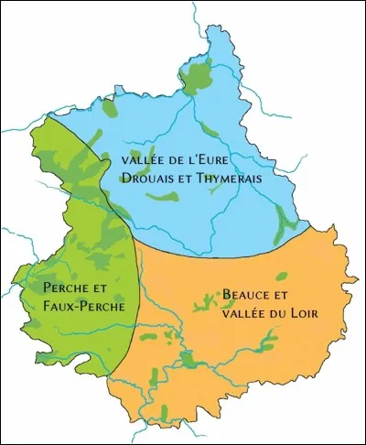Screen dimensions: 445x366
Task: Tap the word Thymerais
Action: tap(225, 179)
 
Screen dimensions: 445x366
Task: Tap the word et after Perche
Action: tap(101, 287)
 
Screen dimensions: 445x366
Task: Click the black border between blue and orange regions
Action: tap(229, 248)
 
